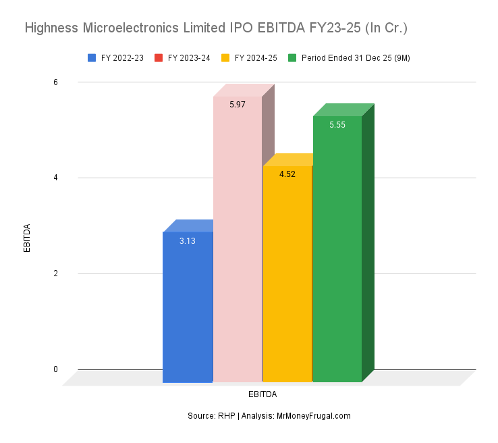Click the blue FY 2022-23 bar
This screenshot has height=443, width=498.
188,307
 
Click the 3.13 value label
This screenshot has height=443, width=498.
188,241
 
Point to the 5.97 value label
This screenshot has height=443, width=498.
237,105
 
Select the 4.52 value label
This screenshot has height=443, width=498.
287,174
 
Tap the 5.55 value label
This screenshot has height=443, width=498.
337,125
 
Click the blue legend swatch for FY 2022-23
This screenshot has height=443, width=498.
92,58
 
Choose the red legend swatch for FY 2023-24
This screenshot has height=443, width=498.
159,58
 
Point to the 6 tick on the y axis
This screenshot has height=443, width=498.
55,82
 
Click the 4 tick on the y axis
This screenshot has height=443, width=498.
55,178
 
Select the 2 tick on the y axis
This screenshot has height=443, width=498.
55,273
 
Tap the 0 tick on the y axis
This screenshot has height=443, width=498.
55,369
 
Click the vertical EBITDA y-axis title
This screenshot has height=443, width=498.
27,238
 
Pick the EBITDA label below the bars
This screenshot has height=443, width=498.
262,394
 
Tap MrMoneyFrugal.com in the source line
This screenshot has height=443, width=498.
314,416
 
